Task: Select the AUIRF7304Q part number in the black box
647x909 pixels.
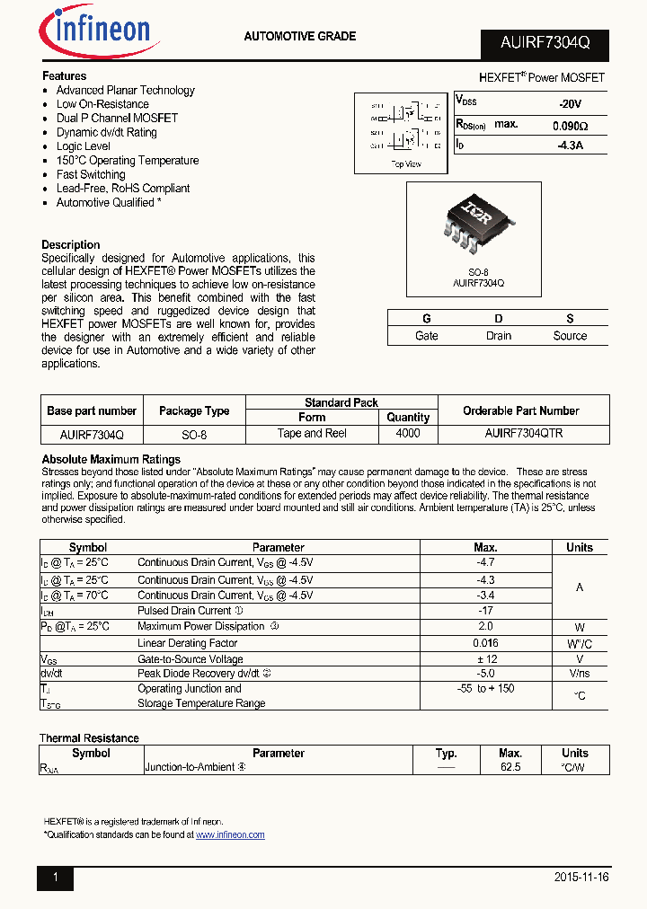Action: click(x=543, y=44)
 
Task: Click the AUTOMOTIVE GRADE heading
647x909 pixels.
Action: click(x=300, y=37)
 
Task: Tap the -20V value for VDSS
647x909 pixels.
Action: click(x=570, y=104)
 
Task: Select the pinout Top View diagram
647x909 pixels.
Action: click(x=406, y=133)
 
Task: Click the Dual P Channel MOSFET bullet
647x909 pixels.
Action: click(x=117, y=119)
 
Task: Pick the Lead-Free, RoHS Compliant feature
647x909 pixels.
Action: click(x=123, y=189)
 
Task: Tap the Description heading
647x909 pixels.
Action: click(x=71, y=245)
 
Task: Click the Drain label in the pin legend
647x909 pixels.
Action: click(x=498, y=336)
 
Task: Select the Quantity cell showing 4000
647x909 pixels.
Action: click(x=408, y=433)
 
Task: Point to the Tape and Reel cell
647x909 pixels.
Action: click(x=312, y=433)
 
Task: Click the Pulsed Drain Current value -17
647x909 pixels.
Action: click(x=485, y=611)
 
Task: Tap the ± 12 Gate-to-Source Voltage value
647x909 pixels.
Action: click(x=485, y=658)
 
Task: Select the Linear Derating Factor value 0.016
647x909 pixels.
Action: click(x=485, y=643)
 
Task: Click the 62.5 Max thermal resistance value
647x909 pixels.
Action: click(x=510, y=768)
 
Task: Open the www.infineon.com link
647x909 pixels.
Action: click(x=230, y=834)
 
